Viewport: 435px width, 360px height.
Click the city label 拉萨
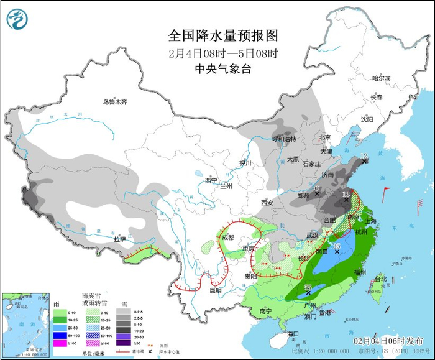(119, 239)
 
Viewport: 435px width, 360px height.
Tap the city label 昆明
(215, 290)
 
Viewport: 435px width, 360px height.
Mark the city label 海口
(293, 335)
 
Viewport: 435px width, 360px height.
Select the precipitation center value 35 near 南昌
(337, 247)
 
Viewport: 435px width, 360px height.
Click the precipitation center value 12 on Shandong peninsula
(364, 157)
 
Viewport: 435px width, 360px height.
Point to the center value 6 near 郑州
(318, 188)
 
